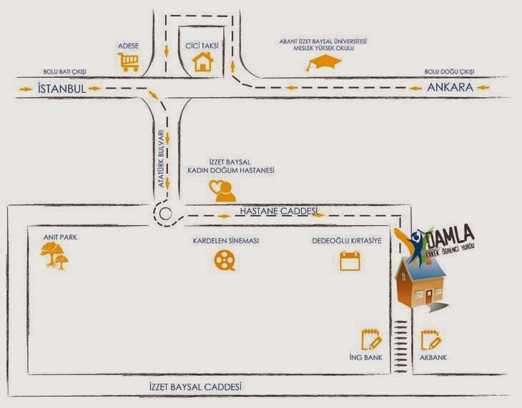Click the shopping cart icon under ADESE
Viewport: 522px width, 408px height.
click(129, 61)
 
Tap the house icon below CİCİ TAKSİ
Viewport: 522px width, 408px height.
click(203, 61)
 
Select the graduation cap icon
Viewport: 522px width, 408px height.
click(324, 62)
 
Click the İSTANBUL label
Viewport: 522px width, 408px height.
click(61, 89)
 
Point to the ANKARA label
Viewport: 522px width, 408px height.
click(450, 87)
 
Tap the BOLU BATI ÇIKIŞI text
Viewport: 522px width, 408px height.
click(64, 71)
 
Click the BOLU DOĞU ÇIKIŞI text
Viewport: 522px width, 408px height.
click(450, 71)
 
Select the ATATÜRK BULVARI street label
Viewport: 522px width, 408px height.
click(161, 158)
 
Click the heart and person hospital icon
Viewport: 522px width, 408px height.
click(222, 191)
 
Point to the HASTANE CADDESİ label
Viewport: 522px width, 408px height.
click(279, 211)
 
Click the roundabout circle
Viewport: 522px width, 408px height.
click(165, 214)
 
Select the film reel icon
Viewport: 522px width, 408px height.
click(225, 259)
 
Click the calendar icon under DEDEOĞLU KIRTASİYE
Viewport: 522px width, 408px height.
click(350, 261)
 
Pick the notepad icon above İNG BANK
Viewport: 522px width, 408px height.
click(371, 339)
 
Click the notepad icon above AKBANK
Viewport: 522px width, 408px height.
click(431, 340)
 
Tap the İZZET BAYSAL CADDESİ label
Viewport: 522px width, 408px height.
click(195, 387)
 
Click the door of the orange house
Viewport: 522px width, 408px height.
click(428, 297)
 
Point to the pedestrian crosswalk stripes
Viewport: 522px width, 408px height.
click(400, 347)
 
